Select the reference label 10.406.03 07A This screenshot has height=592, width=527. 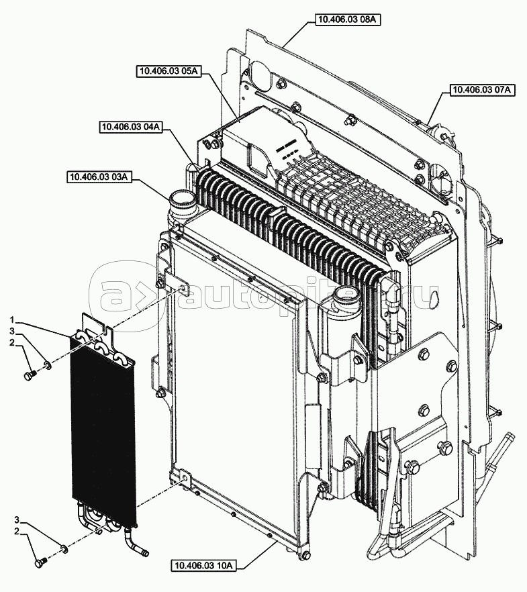(x=482, y=89)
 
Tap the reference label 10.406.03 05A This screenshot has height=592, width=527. (x=169, y=71)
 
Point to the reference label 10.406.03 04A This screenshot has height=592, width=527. (x=132, y=128)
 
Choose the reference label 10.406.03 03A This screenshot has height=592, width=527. (x=99, y=177)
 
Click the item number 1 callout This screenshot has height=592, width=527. (x=12, y=320)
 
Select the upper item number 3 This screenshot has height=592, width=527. (x=12, y=332)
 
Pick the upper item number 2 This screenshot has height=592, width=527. (x=12, y=343)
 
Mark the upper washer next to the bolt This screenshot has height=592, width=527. (x=48, y=365)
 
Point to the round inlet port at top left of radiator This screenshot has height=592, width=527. (x=181, y=199)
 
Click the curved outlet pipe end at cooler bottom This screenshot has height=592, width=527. (x=144, y=554)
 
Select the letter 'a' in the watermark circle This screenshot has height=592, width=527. (x=113, y=295)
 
